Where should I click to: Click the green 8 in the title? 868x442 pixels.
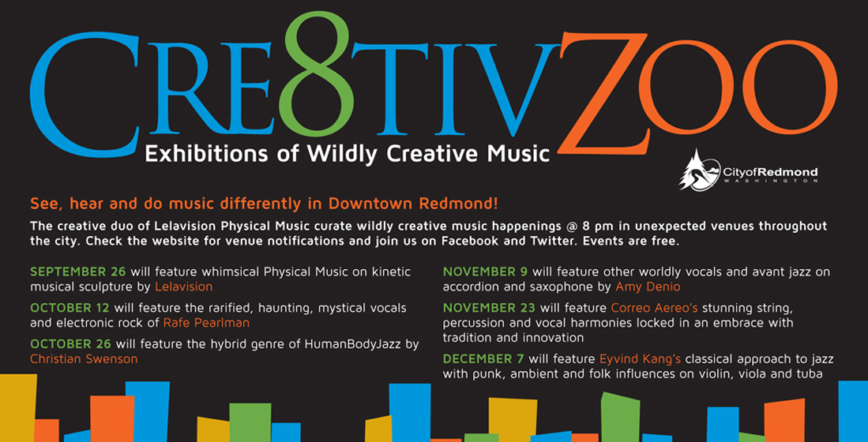tap(317, 77)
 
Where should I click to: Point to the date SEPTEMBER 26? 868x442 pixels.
tap(79, 272)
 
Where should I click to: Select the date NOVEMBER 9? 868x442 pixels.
tap(486, 272)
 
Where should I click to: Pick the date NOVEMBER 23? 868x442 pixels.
tap(490, 307)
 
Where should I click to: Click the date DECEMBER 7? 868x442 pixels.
tap(482, 358)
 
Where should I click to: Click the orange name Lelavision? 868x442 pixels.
tap(184, 287)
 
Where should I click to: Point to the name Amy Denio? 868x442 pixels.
tap(648, 287)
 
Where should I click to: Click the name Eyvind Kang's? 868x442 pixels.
tap(636, 358)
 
